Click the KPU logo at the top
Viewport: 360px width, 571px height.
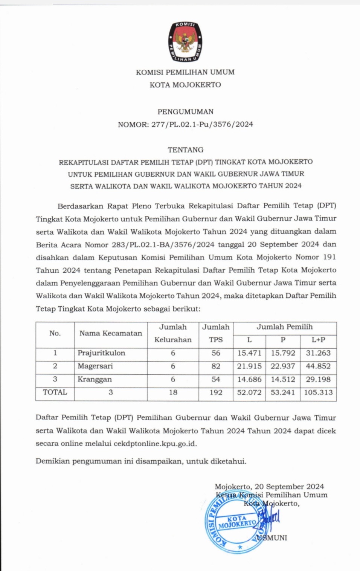click(185, 41)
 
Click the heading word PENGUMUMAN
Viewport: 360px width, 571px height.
click(185, 111)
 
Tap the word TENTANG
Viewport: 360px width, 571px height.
click(185, 150)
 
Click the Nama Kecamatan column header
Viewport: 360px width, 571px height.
click(111, 333)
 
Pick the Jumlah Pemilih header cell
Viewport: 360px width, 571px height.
click(284, 327)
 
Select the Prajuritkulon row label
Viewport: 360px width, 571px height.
click(101, 353)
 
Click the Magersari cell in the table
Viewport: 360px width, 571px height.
click(95, 366)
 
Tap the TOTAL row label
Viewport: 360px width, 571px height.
click(55, 392)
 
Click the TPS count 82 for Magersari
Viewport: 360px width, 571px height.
click(216, 366)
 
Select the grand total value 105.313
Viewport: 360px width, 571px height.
click(318, 392)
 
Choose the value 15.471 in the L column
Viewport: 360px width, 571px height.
click(249, 353)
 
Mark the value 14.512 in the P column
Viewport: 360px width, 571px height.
click(283, 379)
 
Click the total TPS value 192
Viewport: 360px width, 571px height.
click(216, 392)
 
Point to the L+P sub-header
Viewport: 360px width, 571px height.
click(318, 340)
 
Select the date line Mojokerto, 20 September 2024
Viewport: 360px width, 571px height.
click(269, 487)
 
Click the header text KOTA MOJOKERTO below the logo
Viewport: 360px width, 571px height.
click(185, 85)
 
